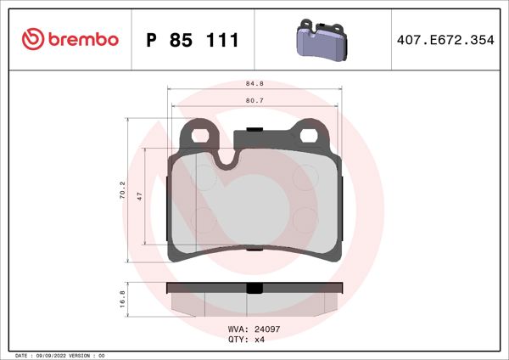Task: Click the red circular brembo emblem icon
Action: [33, 39]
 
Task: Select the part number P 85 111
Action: [193, 40]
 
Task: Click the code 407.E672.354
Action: [444, 40]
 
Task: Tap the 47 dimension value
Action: [140, 194]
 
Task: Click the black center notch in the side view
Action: [253, 288]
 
